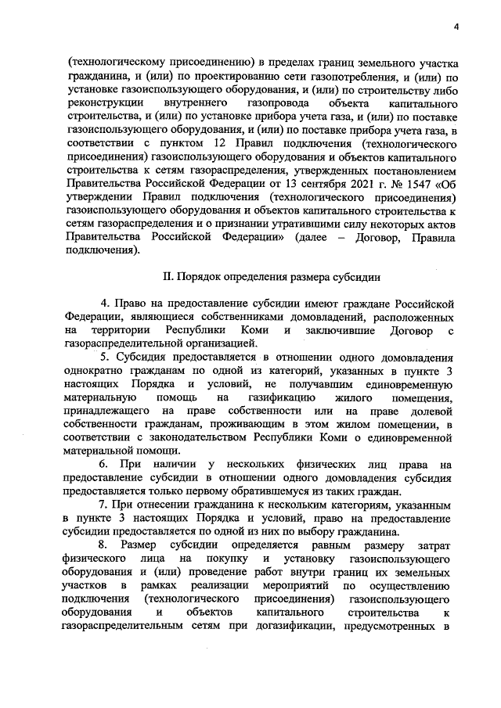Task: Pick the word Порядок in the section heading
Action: [x=201, y=277]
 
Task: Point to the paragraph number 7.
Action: [x=104, y=506]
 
